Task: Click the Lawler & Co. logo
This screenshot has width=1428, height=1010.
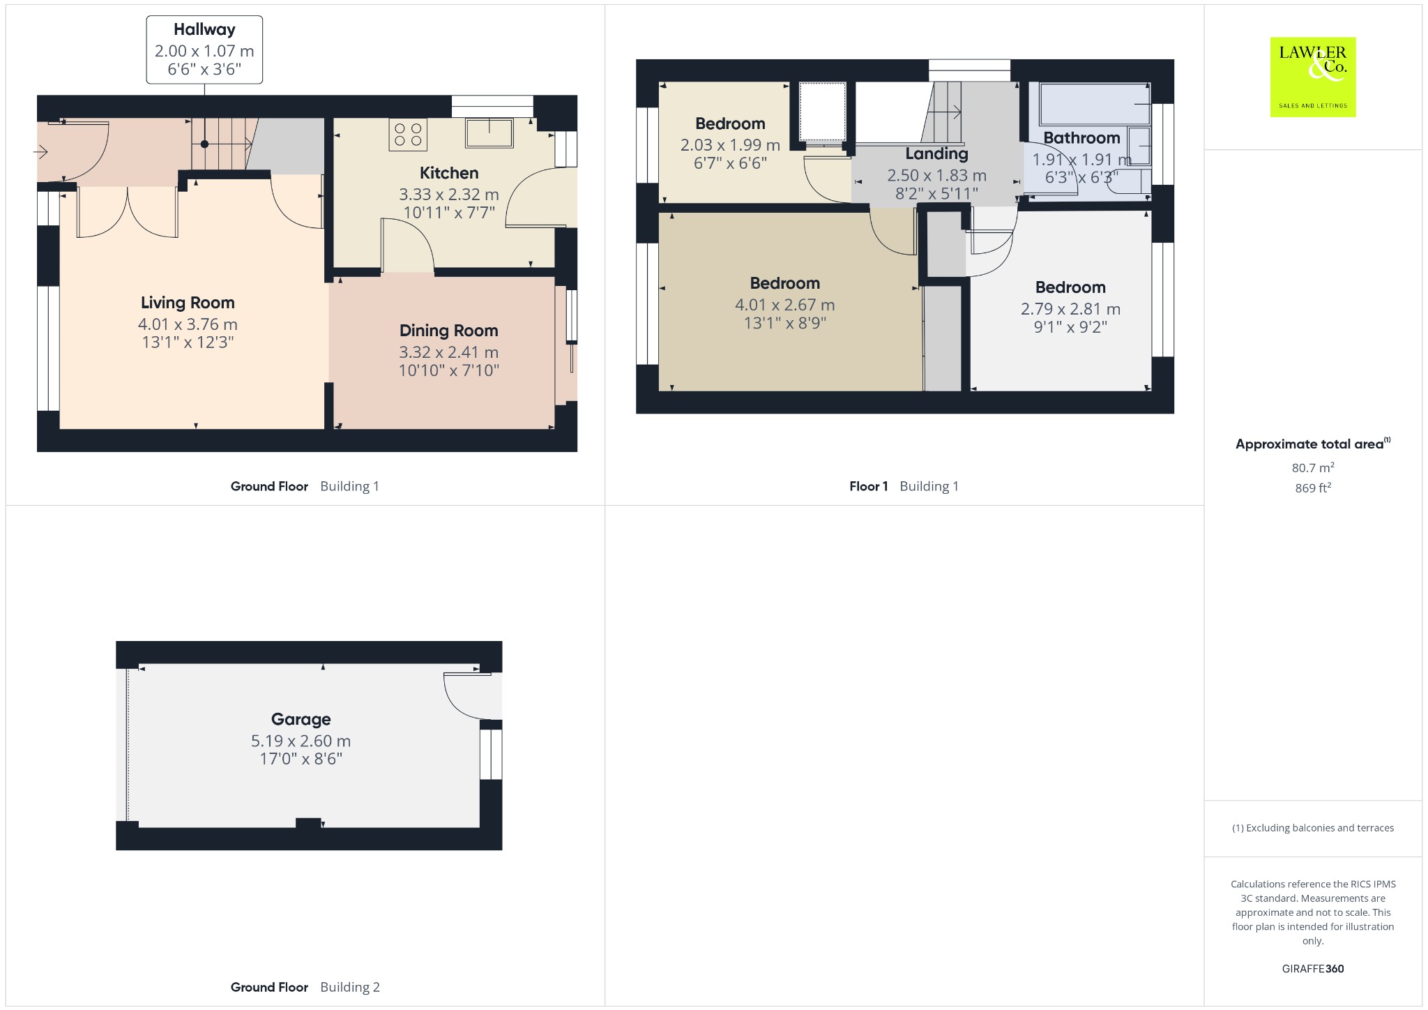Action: [1312, 77]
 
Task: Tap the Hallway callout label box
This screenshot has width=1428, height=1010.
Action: [204, 50]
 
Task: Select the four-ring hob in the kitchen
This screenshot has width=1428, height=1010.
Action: [408, 135]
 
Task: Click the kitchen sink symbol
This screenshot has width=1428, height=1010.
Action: [489, 133]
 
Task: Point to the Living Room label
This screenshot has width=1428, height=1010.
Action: [188, 303]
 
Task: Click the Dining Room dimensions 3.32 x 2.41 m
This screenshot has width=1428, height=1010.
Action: [448, 352]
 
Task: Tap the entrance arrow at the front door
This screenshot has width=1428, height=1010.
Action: [40, 151]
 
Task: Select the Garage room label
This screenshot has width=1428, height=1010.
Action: [301, 719]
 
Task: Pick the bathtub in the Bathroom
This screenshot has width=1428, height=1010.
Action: [1094, 103]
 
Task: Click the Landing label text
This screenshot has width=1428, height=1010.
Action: [936, 154]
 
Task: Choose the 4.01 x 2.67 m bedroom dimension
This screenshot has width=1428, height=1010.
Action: [784, 305]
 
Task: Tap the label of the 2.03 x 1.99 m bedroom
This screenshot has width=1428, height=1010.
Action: [730, 124]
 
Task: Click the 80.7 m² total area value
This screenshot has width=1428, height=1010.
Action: [1313, 467]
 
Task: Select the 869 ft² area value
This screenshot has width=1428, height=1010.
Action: [1313, 488]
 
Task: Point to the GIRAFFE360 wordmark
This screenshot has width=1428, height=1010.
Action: [1313, 968]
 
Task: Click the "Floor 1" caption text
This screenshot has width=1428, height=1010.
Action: [868, 486]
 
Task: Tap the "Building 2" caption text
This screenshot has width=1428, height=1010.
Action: [350, 987]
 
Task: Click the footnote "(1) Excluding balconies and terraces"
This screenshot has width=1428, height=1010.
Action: [1313, 828]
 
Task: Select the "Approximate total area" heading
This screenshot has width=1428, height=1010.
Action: [1309, 444]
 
